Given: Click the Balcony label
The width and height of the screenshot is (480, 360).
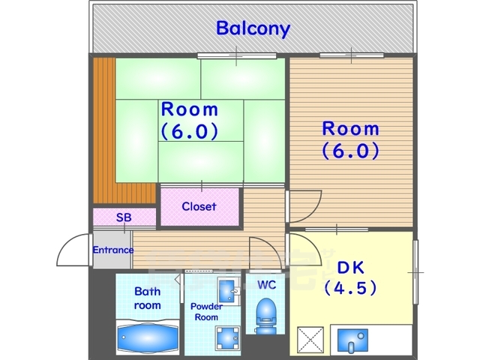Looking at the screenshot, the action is [253, 28].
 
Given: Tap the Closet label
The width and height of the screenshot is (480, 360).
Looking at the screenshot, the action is [199, 206].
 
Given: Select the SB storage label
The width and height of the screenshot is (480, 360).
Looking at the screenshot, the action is [124, 217].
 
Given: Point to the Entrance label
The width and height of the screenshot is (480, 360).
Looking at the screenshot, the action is [113, 250].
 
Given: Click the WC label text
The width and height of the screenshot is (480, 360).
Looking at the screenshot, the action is [267, 285].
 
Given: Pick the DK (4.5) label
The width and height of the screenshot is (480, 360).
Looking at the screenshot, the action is [350, 277].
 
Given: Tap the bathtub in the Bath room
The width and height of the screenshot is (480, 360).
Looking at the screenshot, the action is [148, 337].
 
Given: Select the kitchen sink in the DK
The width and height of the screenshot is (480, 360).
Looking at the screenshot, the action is [352, 340].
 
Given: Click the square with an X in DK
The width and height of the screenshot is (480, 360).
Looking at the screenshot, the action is [310, 340].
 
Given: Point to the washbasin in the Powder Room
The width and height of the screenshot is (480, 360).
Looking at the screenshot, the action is [228, 290].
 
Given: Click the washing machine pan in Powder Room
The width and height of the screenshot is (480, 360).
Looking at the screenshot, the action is [228, 338].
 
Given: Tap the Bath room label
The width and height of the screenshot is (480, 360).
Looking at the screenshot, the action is [148, 298].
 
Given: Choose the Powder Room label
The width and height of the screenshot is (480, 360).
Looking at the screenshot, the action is [207, 312].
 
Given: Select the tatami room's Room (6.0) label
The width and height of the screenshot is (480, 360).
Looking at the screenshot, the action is [190, 121].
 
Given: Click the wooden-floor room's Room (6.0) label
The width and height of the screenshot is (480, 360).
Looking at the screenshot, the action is [351, 140].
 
